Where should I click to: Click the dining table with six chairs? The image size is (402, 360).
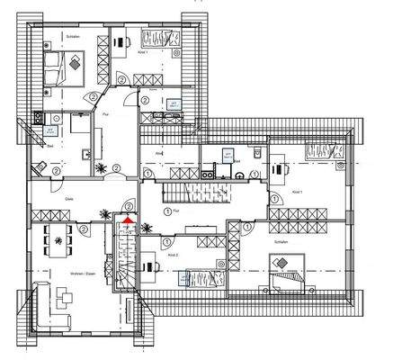(x=60, y=239)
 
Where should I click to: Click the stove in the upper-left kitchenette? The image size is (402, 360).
(x=39, y=116)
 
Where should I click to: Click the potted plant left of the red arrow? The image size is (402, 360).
(x=106, y=216)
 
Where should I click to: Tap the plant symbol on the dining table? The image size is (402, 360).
(x=60, y=239)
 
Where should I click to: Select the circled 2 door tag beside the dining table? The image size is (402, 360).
(x=84, y=230)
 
